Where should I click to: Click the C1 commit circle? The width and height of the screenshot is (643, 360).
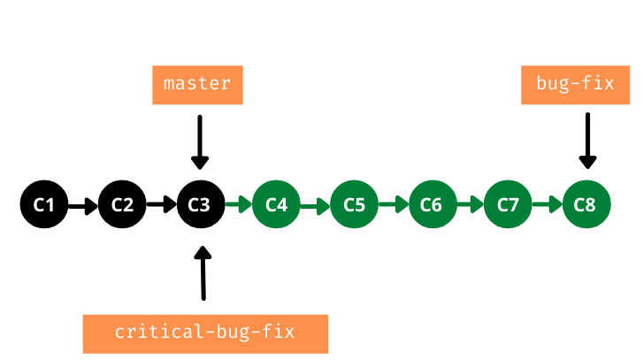(x=44, y=205)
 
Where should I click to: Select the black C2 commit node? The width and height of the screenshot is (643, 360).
(x=122, y=205)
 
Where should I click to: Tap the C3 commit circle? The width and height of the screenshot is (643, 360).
(x=200, y=205)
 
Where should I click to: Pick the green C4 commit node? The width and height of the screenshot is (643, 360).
(x=277, y=205)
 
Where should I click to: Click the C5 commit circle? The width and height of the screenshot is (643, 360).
(x=354, y=205)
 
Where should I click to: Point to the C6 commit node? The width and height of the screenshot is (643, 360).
(x=431, y=205)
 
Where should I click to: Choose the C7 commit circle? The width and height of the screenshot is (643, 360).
(x=508, y=205)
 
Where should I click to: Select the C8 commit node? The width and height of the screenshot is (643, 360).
(x=585, y=205)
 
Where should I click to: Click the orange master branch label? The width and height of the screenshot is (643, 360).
(x=197, y=85)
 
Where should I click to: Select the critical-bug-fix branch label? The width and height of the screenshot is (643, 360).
(x=204, y=333)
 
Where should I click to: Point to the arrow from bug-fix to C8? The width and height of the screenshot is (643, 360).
(x=586, y=140)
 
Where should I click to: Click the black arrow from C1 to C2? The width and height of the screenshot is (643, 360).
(x=83, y=207)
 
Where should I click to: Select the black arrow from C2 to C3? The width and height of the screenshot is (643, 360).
(x=161, y=206)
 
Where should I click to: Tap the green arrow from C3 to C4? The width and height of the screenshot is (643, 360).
(x=238, y=206)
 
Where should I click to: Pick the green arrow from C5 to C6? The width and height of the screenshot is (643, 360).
(x=393, y=207)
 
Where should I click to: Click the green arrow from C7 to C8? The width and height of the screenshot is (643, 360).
(x=547, y=207)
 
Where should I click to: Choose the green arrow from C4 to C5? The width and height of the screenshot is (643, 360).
(x=315, y=207)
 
